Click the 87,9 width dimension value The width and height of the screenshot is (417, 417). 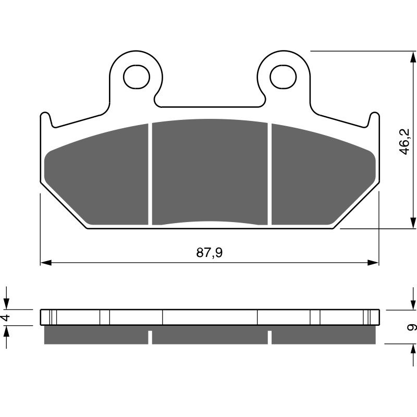tap(210, 253)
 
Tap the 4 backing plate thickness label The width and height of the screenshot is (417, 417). tap(6, 317)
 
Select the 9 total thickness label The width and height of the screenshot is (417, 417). tap(412, 327)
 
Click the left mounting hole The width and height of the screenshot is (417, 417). tap(136, 77)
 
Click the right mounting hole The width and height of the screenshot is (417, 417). tap(282, 77)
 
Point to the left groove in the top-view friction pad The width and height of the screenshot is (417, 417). tap(150, 174)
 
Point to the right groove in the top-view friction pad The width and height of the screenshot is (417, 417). tap(269, 174)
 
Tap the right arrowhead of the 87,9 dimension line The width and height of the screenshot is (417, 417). tap(373, 262)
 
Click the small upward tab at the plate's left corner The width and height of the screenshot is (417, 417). tap(46, 119)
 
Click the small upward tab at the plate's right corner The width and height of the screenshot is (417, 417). tap(373, 119)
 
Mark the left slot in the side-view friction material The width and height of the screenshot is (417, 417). tap(150, 337)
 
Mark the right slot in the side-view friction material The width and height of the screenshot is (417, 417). tap(269, 337)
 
